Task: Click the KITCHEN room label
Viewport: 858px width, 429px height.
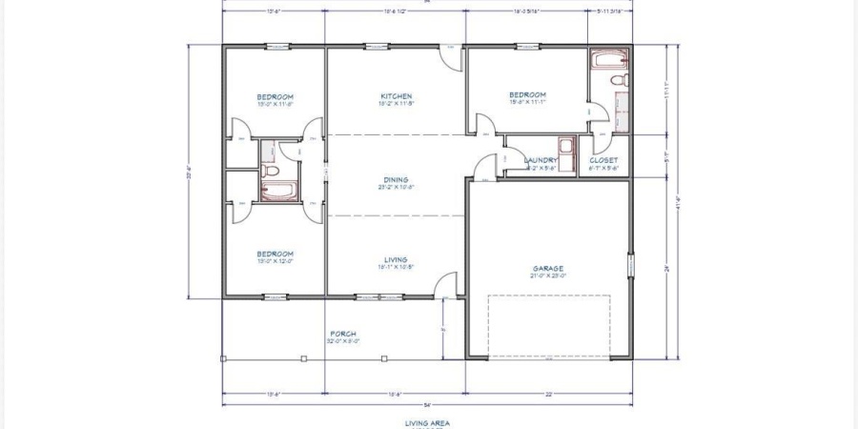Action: (396, 96)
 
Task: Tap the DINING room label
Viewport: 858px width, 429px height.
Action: (396, 179)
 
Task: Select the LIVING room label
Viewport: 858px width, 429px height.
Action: (396, 259)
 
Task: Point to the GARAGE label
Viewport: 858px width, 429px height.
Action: (548, 268)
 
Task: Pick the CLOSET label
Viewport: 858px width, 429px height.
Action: (603, 160)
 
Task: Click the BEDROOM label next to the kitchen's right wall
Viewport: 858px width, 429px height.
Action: (527, 95)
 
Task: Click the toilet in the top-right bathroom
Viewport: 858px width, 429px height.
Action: (618, 81)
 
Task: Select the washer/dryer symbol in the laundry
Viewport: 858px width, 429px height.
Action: (565, 147)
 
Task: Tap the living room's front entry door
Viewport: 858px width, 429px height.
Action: (444, 285)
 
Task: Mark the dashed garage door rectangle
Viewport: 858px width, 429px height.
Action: (549, 324)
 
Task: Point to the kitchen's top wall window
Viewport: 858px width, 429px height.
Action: (377, 46)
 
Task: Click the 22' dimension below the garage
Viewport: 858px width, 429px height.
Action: (548, 393)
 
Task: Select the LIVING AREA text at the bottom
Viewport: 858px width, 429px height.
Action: (426, 421)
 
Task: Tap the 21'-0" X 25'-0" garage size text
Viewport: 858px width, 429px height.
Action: (548, 276)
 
